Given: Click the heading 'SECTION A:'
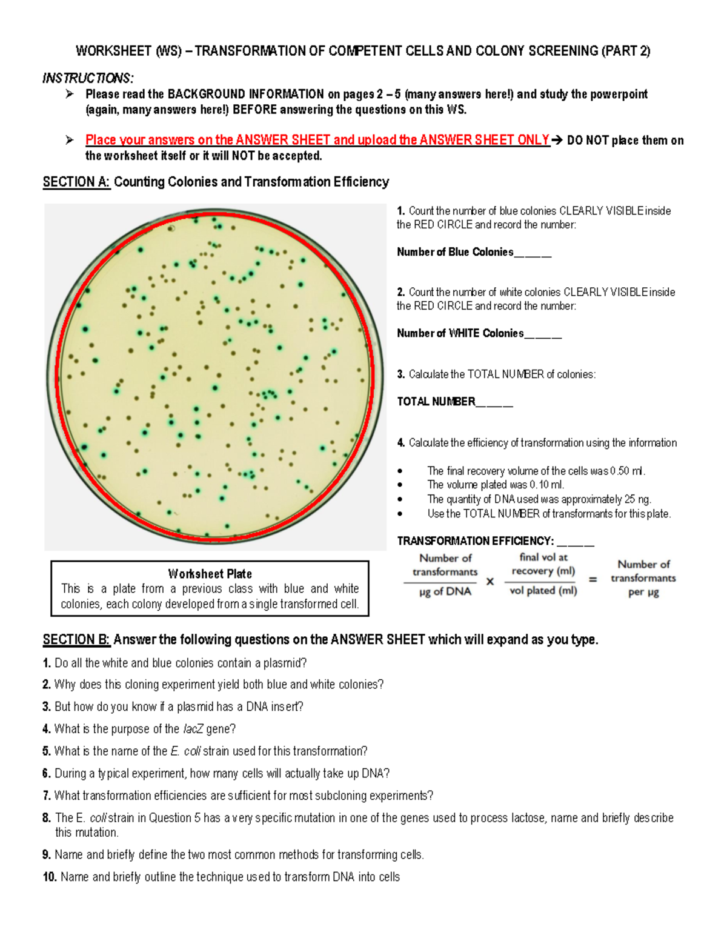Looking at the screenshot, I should (76, 182).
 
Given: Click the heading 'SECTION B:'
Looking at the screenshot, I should (76, 640).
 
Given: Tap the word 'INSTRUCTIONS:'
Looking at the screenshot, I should (88, 78).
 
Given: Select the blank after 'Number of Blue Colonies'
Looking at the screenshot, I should (533, 253).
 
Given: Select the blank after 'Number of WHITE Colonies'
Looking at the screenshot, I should (543, 334).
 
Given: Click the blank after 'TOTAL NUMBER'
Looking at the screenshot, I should (494, 403).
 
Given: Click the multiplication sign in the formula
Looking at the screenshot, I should (490, 581).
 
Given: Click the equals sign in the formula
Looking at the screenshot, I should (593, 579).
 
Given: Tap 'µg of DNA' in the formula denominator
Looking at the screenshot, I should (445, 591).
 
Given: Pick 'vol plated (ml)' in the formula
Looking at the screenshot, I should (543, 591).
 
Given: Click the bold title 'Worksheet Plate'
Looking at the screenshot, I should (210, 574).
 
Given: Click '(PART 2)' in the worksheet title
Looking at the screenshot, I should (626, 51).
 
